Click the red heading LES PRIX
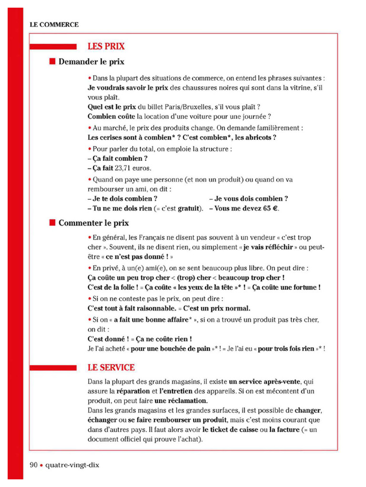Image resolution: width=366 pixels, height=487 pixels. click(106, 47)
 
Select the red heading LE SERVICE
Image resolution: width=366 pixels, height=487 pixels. click(111, 368)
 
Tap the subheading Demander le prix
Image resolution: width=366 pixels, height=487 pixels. click(91, 62)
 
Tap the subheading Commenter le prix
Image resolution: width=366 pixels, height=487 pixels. click(93, 223)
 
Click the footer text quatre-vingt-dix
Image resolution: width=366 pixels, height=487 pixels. click(72, 464)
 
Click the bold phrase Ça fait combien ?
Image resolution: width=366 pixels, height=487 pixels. click(118, 158)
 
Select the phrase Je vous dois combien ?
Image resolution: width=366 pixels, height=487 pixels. click(248, 199)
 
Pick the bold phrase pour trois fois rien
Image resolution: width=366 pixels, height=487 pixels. click(286, 349)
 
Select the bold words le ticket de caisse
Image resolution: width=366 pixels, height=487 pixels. click(233, 429)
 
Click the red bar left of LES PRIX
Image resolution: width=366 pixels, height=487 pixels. click(53, 47)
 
